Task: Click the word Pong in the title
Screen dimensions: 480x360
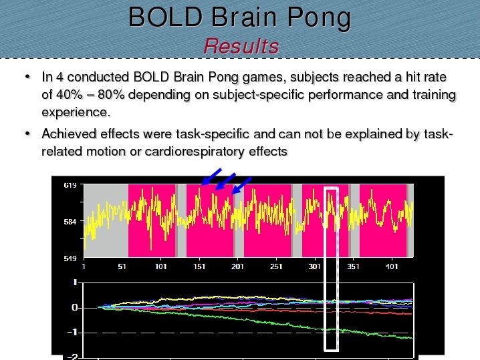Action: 319,18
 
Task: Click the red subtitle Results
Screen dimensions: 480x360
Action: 241,46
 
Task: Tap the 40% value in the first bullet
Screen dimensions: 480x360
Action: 70,95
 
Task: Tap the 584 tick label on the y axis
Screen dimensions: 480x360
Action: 70,222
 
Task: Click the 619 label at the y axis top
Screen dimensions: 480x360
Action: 70,185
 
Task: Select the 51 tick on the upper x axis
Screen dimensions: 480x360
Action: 122,266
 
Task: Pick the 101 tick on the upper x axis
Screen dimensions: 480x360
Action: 160,266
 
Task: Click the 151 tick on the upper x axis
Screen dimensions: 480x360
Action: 199,266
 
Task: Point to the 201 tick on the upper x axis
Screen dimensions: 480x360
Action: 237,266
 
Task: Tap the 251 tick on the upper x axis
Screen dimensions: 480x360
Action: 276,266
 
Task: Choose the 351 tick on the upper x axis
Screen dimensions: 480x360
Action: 353,266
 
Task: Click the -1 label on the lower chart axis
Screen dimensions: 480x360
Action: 73,333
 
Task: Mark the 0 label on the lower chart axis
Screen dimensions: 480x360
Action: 75,308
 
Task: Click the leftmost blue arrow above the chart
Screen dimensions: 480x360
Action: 211,176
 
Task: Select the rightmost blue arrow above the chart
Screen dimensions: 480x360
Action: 241,186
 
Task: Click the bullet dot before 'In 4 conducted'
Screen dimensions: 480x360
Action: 28,77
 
